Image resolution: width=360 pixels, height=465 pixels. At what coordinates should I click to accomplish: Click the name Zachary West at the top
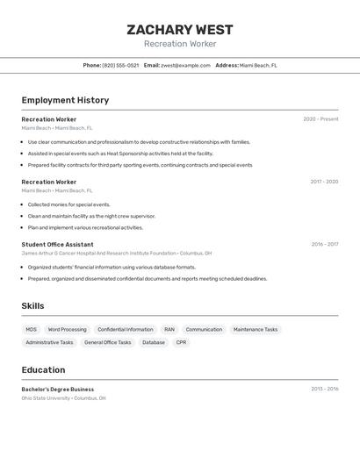tap(179, 30)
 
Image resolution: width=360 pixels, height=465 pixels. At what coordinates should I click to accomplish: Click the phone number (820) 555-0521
tap(120, 65)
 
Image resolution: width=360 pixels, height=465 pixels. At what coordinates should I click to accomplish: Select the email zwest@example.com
tap(185, 65)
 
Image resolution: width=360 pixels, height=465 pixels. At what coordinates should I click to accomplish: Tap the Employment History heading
tap(65, 100)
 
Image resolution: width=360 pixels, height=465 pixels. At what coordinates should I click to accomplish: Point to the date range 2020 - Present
tap(320, 119)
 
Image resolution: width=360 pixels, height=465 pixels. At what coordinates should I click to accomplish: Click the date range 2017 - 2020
tap(324, 182)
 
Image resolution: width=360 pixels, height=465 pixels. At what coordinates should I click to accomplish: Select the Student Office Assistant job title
tap(57, 245)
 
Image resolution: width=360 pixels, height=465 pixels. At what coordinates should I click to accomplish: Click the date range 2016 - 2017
tap(324, 245)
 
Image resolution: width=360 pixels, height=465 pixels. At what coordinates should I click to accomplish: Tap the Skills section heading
tap(33, 306)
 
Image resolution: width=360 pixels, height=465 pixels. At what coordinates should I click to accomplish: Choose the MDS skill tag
tap(32, 330)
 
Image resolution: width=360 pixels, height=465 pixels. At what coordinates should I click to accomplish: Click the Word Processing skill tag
tap(67, 330)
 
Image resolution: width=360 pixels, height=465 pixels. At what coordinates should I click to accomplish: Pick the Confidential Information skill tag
tap(126, 330)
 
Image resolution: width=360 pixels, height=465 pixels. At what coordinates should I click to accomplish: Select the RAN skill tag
tap(169, 330)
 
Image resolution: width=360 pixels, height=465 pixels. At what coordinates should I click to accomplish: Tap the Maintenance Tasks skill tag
tap(256, 330)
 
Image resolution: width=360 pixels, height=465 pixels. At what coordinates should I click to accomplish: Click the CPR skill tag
tap(181, 343)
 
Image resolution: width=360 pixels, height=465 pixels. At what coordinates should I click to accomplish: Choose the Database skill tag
tap(154, 343)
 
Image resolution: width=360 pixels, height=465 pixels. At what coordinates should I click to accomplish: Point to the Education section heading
tap(43, 370)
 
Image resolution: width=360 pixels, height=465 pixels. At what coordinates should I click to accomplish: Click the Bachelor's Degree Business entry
tap(58, 390)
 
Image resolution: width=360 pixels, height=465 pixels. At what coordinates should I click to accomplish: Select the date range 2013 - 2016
tap(324, 389)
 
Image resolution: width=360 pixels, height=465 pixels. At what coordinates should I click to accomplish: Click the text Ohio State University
tap(46, 398)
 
